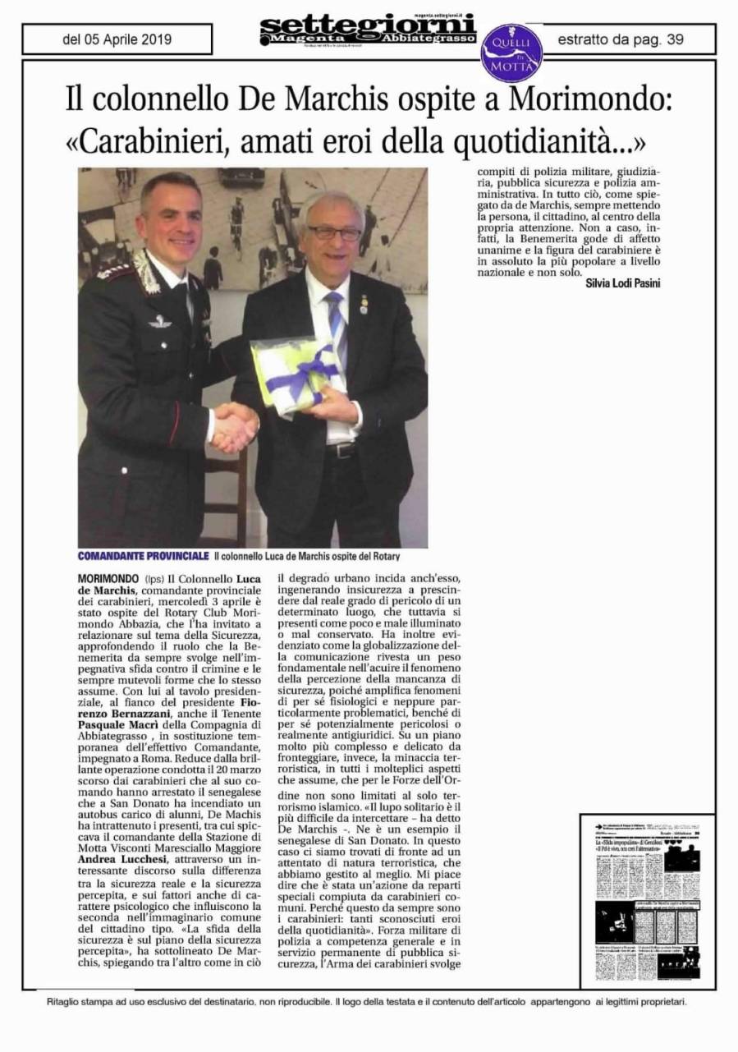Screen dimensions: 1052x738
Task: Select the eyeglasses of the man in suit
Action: [333, 232]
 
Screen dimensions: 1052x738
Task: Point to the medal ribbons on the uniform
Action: [115, 271]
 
